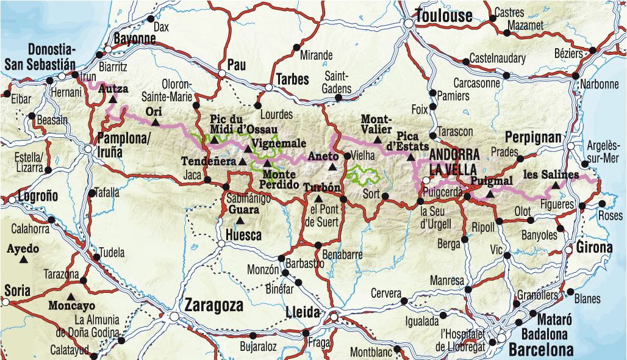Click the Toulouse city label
(443, 15)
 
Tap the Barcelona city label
(541, 350)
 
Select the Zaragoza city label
(213, 305)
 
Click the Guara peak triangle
(240, 220)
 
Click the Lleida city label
(303, 313)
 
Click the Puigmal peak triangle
(490, 195)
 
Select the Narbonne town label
(599, 84)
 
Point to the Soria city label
(16, 292)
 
